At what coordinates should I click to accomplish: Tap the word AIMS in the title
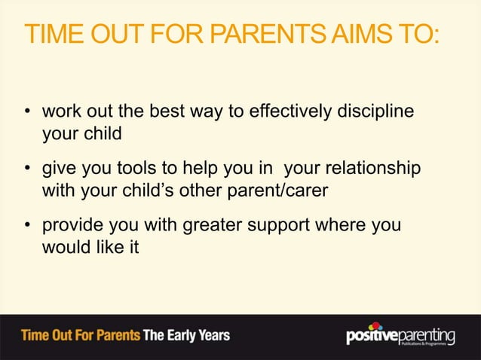[x=359, y=35]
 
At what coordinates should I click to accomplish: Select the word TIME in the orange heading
[x=54, y=35]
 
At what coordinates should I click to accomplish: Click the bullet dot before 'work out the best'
[x=27, y=114]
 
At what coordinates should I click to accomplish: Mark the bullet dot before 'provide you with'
[x=27, y=227]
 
